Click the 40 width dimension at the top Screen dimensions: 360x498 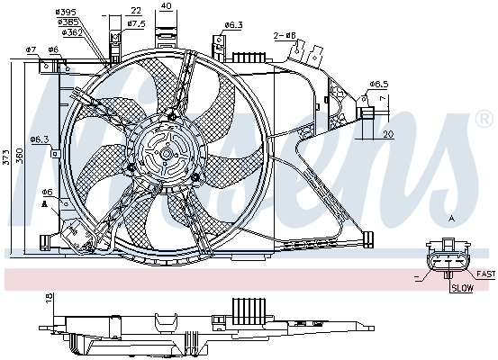[x=166, y=5]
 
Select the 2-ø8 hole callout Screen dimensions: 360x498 [x=285, y=36]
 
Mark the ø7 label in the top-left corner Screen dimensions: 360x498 [x=30, y=49]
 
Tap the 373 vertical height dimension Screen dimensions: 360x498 [x=7, y=158]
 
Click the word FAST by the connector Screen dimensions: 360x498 [x=485, y=274]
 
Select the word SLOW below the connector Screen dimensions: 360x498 [x=462, y=289]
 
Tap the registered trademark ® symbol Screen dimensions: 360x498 [x=484, y=119]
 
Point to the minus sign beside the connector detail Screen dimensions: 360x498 [x=416, y=274]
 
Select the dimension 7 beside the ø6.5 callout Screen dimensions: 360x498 [x=384, y=97]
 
